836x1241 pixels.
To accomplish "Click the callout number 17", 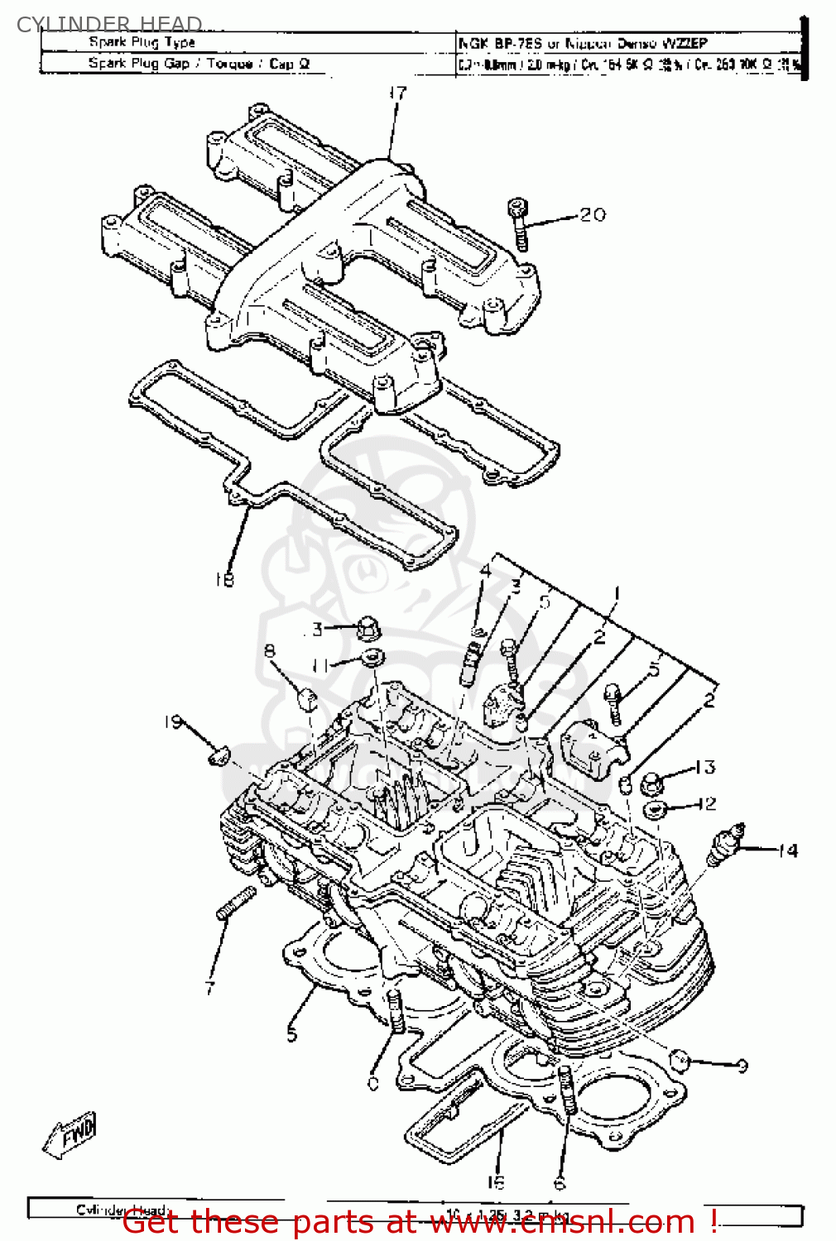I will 398,93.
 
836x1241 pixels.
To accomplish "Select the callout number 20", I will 593,215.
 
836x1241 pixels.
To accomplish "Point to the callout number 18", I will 224,580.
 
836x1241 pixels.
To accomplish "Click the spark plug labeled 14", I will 726,845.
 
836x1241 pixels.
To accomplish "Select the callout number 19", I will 172,722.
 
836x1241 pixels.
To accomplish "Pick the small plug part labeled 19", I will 217,755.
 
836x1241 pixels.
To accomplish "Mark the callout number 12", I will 706,803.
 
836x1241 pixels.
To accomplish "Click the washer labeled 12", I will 654,807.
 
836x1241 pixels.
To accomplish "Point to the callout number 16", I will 495,1181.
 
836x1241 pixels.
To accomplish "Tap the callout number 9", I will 742,1066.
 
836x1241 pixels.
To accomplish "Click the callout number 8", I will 269,651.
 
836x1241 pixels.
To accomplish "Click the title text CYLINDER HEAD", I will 109,24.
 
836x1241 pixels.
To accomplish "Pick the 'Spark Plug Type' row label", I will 142,42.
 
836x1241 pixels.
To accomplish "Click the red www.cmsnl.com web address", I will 563,1221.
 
